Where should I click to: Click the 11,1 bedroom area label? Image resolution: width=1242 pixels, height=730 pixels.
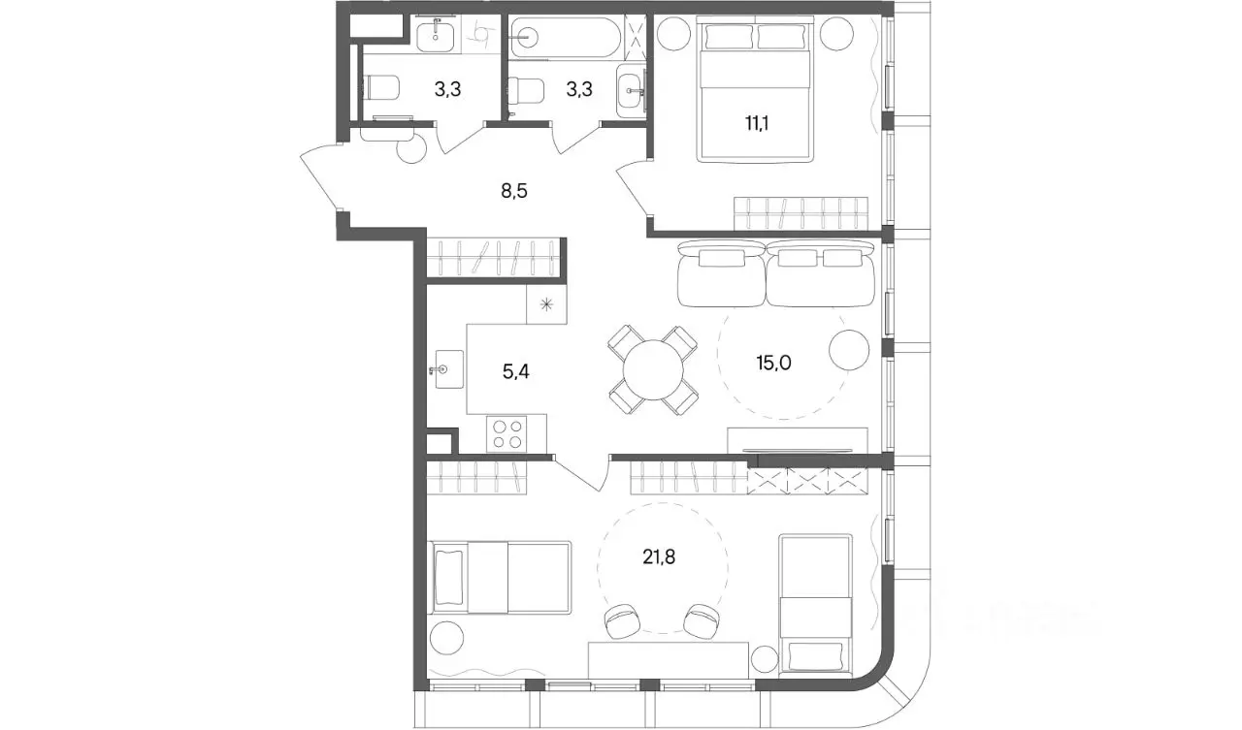[x=756, y=123]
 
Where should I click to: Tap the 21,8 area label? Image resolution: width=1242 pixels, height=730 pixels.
[x=659, y=557]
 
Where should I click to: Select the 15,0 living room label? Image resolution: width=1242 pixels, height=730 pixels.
[x=773, y=363]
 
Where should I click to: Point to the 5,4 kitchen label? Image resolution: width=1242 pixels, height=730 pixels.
[x=515, y=371]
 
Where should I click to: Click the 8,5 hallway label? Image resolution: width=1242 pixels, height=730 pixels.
[x=514, y=191]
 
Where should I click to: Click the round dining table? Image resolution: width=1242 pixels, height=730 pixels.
[x=653, y=369]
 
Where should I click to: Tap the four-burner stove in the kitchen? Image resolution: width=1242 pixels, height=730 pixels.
[x=507, y=433]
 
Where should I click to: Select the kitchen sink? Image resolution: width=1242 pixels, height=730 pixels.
[x=448, y=368]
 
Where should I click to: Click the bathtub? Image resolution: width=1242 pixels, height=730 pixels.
[x=565, y=37]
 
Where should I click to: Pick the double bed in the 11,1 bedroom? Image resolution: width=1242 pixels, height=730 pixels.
[x=755, y=89]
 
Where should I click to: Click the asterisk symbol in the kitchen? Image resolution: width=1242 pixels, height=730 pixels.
[x=546, y=304]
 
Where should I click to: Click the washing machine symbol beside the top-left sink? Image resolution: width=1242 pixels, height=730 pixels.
[x=480, y=34]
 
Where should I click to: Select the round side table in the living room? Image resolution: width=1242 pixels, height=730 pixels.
[x=848, y=350]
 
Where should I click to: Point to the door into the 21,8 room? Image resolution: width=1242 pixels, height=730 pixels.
[x=582, y=474]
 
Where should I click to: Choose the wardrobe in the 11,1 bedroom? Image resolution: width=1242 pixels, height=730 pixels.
[x=801, y=213]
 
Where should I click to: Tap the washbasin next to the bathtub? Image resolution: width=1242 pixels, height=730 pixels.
[x=631, y=90]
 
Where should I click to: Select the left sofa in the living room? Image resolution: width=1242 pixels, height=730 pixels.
[x=721, y=273]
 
